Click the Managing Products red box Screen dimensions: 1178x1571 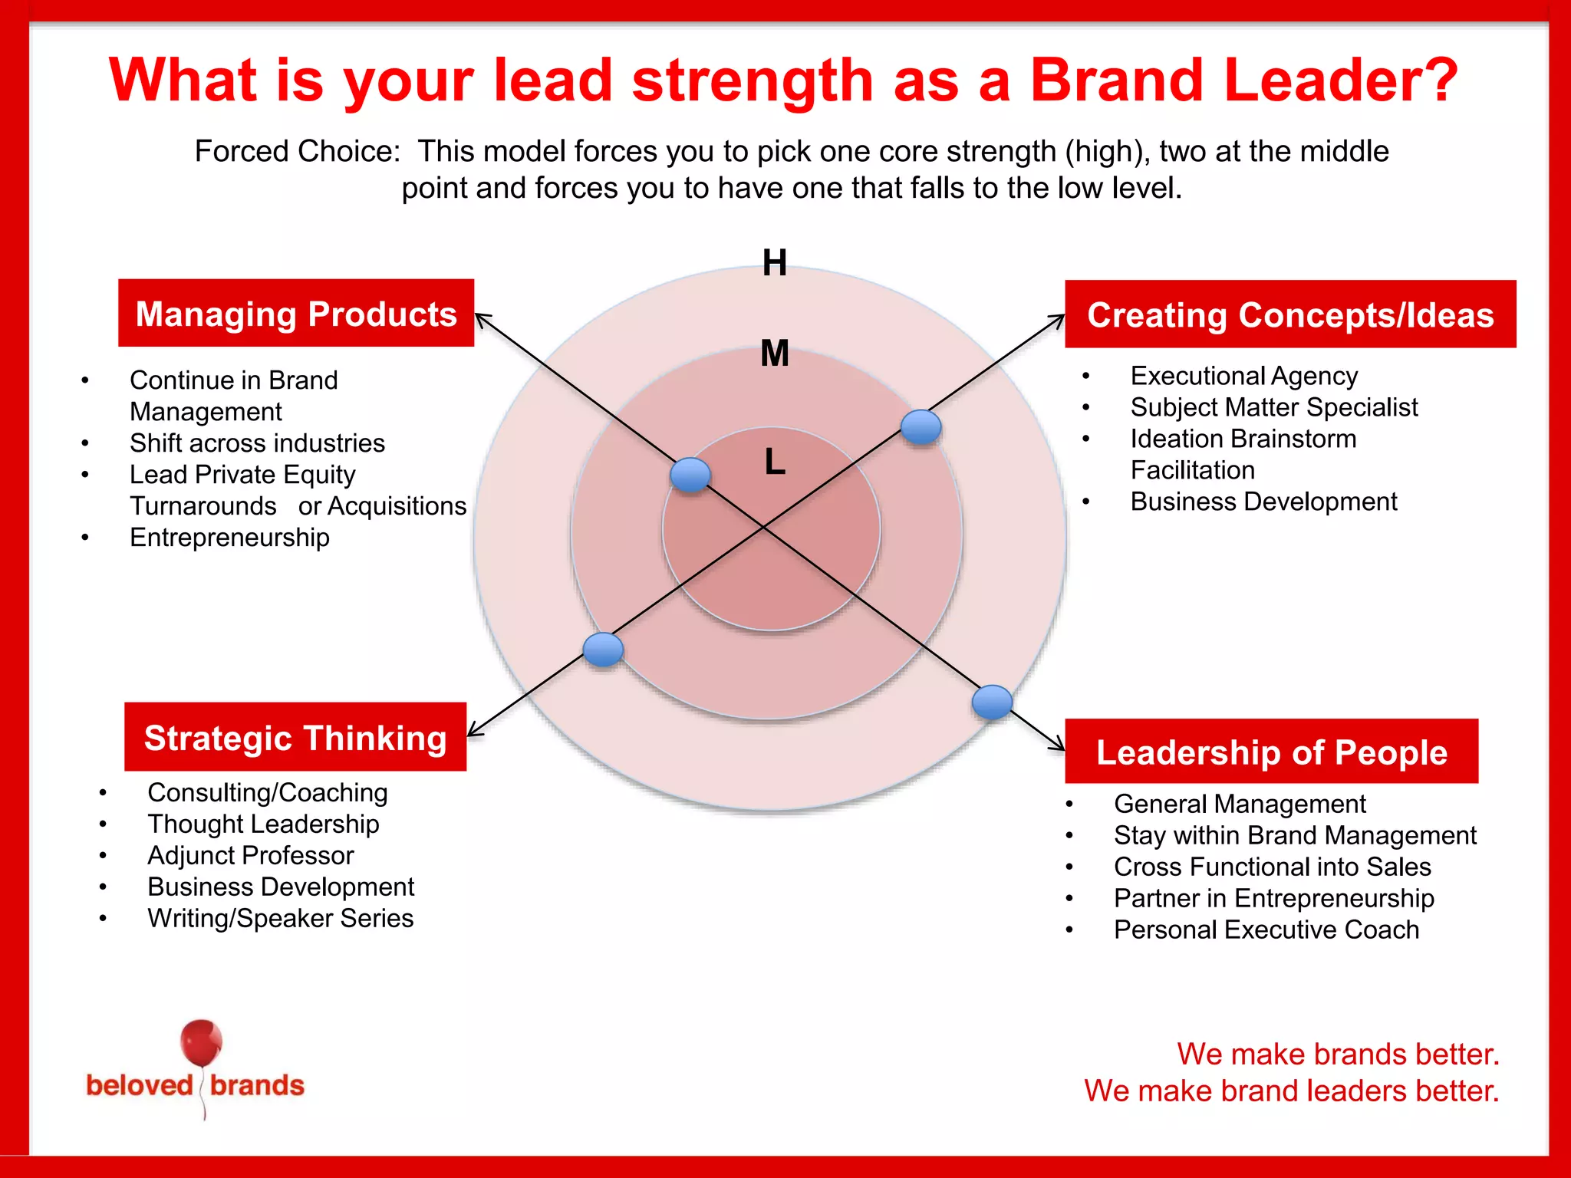[296, 314]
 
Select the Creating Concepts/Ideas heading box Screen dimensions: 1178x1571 [1290, 314]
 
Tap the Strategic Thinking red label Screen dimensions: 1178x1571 [295, 737]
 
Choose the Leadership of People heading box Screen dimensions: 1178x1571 [1271, 752]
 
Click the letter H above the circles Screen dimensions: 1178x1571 [774, 263]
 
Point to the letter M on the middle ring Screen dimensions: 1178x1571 [774, 354]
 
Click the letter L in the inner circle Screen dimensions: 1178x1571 [775, 462]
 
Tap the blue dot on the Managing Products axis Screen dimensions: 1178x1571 [690, 475]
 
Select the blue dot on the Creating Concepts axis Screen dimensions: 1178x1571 [921, 426]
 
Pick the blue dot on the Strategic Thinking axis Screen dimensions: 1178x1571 [603, 650]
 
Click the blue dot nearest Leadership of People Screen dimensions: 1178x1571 [992, 702]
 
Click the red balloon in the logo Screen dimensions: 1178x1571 [201, 1043]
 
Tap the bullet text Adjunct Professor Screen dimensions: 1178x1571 [250, 855]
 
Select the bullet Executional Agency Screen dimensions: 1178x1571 [1243, 376]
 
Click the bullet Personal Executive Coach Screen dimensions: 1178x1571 [1266, 930]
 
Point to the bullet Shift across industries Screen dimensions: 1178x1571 [257, 443]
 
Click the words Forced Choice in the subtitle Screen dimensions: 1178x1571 [297, 151]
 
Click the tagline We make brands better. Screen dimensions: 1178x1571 [1337, 1054]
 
